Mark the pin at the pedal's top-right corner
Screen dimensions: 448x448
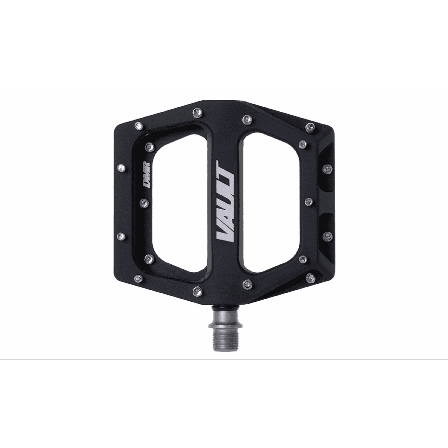(x=309, y=128)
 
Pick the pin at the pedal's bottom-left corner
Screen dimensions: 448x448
(x=138, y=277)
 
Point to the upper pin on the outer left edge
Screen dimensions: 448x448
(x=122, y=166)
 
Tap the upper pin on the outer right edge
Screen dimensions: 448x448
(x=328, y=168)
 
